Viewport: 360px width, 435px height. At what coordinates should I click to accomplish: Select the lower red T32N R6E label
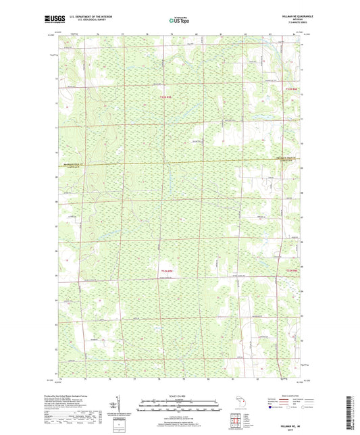[291, 271]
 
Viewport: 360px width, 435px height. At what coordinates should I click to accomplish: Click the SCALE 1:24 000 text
[179, 395]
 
